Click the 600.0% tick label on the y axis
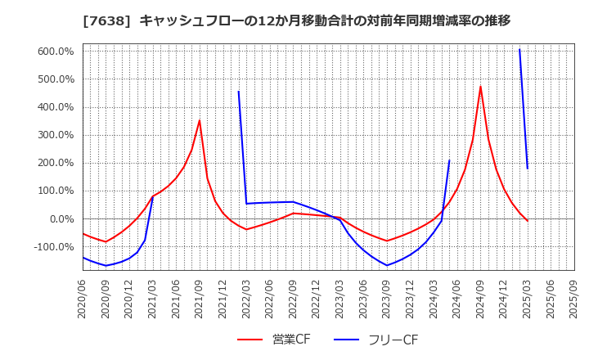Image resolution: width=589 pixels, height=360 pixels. [x=56, y=52]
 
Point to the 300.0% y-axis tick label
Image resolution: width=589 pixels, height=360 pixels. [x=56, y=135]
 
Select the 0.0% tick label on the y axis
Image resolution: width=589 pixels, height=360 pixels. [x=62, y=218]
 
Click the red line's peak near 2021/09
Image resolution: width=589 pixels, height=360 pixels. [x=200, y=120]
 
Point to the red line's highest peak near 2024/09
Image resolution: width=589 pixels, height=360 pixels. [x=480, y=86]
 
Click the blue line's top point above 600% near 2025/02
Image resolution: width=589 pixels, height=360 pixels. [x=519, y=49]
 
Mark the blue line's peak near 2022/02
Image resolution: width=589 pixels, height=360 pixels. [x=238, y=91]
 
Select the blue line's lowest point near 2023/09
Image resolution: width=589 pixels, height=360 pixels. [x=387, y=265]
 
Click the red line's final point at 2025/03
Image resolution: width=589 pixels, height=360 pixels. [x=528, y=221]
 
